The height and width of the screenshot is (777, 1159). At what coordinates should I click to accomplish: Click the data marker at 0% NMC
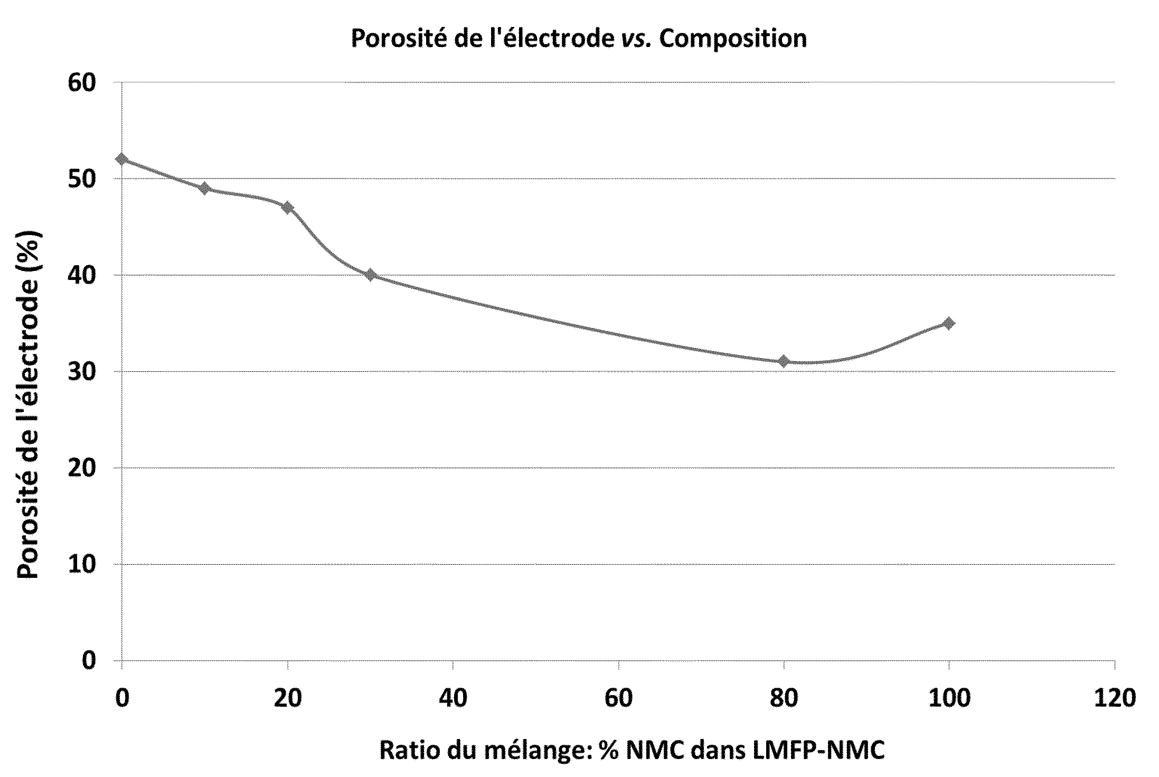point(122,159)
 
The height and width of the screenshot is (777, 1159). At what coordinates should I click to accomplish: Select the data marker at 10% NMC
point(205,188)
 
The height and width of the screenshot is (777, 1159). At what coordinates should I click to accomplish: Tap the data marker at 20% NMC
point(288,207)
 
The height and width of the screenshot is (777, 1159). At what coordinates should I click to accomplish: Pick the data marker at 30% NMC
point(370,275)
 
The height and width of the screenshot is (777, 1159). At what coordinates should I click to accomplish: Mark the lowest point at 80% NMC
point(784,361)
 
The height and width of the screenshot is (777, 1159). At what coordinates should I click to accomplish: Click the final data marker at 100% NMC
point(949,323)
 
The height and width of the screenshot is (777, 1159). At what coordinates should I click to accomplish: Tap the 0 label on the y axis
point(89,661)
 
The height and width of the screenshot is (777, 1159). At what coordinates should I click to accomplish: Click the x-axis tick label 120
point(1114,698)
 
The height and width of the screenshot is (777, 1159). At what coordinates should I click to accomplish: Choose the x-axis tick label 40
point(453,698)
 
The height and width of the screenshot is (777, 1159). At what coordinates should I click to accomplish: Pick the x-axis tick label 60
point(618,698)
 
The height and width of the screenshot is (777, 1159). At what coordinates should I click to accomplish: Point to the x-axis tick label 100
point(949,698)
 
